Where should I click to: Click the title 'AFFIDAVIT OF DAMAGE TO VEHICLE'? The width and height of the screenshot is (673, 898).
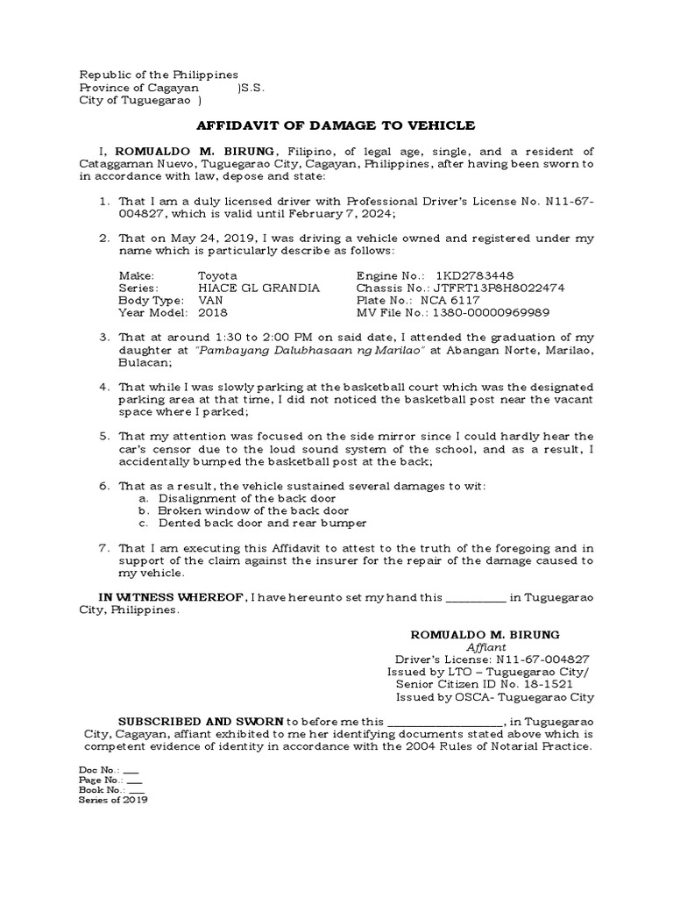[336, 125]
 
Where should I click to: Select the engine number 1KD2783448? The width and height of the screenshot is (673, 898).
[470, 275]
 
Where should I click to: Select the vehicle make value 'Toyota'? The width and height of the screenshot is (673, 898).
[216, 275]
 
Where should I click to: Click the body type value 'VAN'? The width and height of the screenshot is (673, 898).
[211, 300]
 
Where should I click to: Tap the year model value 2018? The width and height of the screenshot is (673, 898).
[212, 312]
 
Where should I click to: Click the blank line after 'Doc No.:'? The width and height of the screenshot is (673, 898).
[131, 769]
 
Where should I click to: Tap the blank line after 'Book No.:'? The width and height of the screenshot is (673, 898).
[136, 790]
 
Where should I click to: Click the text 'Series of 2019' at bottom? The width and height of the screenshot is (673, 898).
[113, 800]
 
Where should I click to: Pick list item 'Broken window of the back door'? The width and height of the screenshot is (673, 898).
[253, 510]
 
